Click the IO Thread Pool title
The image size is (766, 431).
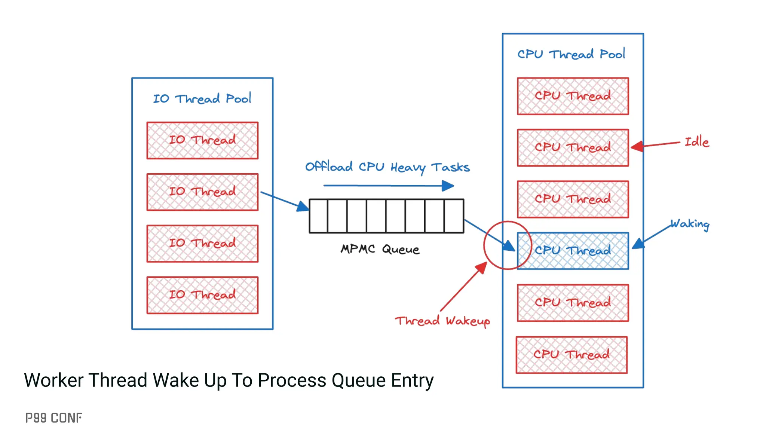(202, 99)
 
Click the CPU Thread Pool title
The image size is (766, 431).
(571, 54)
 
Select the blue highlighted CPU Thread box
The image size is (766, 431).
(573, 251)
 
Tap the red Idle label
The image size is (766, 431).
(696, 142)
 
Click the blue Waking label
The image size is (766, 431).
(690, 224)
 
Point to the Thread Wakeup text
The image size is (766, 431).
(442, 321)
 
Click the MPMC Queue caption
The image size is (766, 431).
(380, 249)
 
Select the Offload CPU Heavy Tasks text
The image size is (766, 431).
(387, 167)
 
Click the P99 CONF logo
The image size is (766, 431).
(53, 418)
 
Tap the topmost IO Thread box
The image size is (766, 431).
(202, 140)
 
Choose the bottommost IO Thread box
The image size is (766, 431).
(202, 295)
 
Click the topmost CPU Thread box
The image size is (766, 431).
(573, 96)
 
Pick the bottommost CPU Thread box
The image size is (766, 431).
(572, 355)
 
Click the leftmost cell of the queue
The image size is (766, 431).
(319, 216)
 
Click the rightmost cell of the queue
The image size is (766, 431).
(454, 216)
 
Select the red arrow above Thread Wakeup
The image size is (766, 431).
(464, 287)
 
